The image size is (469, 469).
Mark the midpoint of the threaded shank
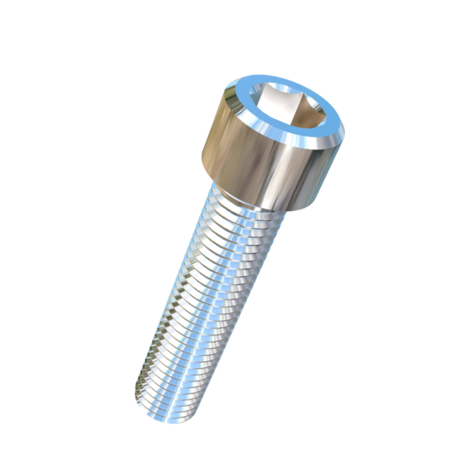pyautogui.click(x=204, y=300)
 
